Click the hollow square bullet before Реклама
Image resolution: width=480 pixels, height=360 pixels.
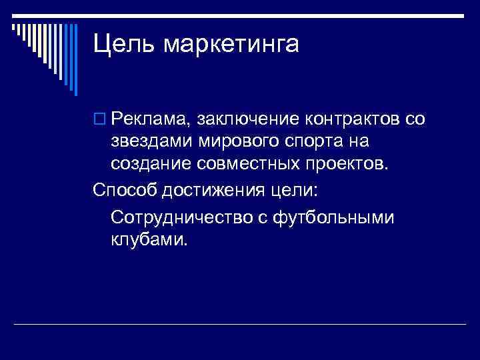tap(99, 120)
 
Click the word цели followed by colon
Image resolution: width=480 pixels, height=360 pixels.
tap(295, 190)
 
